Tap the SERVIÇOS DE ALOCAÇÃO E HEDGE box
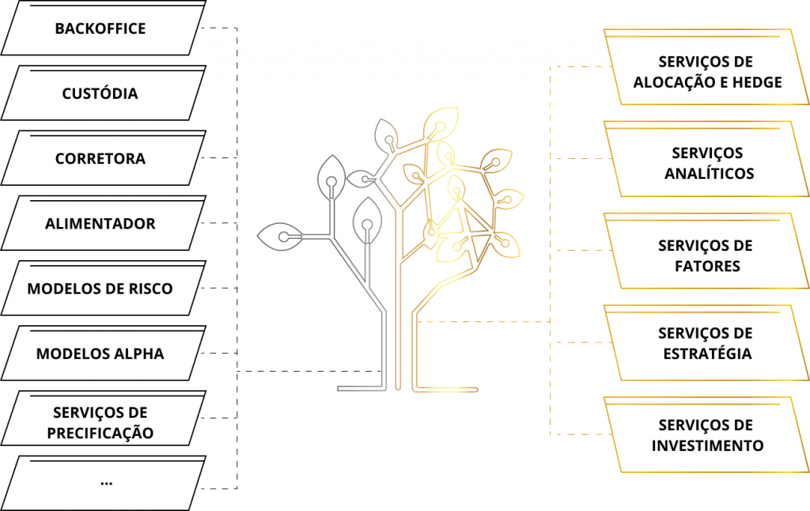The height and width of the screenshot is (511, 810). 706,71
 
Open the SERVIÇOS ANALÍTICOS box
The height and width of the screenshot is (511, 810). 706,163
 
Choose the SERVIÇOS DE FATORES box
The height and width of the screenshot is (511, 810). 706,255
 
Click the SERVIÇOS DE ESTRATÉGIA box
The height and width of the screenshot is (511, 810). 706,343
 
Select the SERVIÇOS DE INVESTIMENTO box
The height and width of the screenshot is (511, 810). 706,435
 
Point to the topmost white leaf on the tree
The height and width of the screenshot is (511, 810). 388,137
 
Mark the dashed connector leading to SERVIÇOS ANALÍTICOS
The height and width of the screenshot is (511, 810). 577,159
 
